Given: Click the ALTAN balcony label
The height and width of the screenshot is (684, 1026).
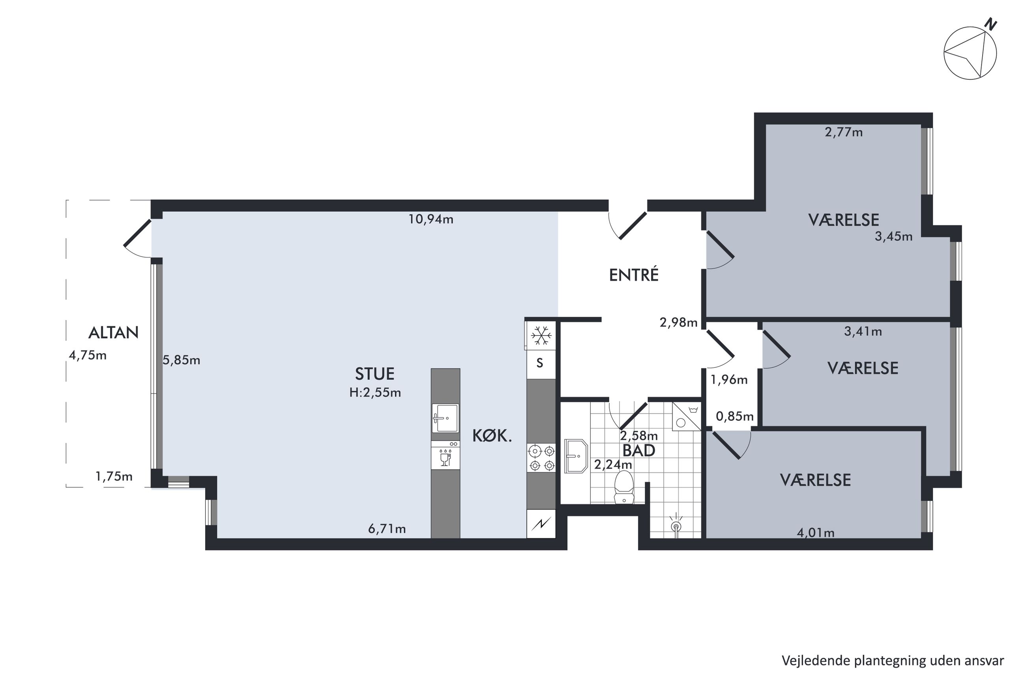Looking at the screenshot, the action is pos(113,333).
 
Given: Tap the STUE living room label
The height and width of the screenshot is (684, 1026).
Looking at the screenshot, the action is pos(374,374).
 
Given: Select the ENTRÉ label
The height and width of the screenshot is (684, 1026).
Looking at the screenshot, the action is pos(634,275).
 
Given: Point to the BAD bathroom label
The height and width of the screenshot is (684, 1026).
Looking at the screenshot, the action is pos(639,451).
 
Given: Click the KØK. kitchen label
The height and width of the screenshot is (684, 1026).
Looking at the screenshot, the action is pos(492,436).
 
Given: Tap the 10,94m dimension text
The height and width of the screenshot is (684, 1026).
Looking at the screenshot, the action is pos(431,219).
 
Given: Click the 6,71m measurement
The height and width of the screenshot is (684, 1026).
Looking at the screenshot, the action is pos(387,529).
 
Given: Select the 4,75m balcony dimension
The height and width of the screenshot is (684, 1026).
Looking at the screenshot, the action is pos(88,356).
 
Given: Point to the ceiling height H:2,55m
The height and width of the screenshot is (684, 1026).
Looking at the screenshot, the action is pos(375,393).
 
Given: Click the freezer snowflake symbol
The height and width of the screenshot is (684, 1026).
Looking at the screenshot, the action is pos(541,336).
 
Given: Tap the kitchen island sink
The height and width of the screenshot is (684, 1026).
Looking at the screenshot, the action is pos(445,418).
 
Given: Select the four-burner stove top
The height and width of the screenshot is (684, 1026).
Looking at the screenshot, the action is pos(541,457).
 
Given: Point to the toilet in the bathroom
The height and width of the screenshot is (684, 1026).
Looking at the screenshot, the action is pos(623,487).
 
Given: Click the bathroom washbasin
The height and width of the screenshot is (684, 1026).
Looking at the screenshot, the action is pos(576,456).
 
